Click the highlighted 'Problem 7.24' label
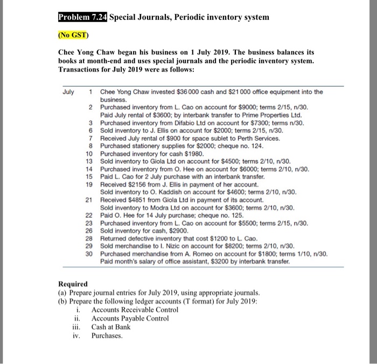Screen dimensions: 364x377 coord(83,17)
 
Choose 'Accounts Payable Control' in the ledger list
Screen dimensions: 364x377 coord(130,318)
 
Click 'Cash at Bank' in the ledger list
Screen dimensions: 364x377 coord(110,327)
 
